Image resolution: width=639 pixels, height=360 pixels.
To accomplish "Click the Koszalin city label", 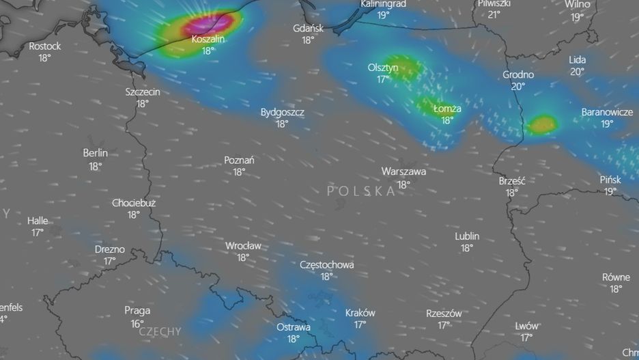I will (x=208, y=39).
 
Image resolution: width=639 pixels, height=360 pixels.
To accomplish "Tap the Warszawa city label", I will (x=403, y=171).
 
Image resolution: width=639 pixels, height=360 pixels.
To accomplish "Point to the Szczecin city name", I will (x=143, y=92).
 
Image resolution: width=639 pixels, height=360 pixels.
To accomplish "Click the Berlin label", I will (x=95, y=153).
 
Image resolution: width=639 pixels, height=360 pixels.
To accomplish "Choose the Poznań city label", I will (x=239, y=160).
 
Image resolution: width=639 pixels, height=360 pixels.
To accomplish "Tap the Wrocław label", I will (x=243, y=245).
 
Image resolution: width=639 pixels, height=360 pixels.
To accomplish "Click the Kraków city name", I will (x=360, y=312).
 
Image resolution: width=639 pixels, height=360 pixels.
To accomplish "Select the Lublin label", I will (x=467, y=236).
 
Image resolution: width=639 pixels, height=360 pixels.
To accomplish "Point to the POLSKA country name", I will (x=361, y=191).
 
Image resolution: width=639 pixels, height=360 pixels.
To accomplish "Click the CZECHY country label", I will (x=160, y=332).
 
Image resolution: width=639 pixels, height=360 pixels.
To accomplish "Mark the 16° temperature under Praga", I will (x=137, y=323).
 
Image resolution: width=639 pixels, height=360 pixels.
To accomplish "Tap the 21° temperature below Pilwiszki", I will (x=494, y=14).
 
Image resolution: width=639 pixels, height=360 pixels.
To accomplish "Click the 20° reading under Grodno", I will (x=518, y=86).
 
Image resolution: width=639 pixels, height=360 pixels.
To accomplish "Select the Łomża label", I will (x=447, y=108).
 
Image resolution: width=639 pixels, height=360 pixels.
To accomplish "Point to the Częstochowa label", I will (x=326, y=264).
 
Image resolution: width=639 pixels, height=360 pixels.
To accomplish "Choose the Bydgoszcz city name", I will (x=283, y=112).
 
